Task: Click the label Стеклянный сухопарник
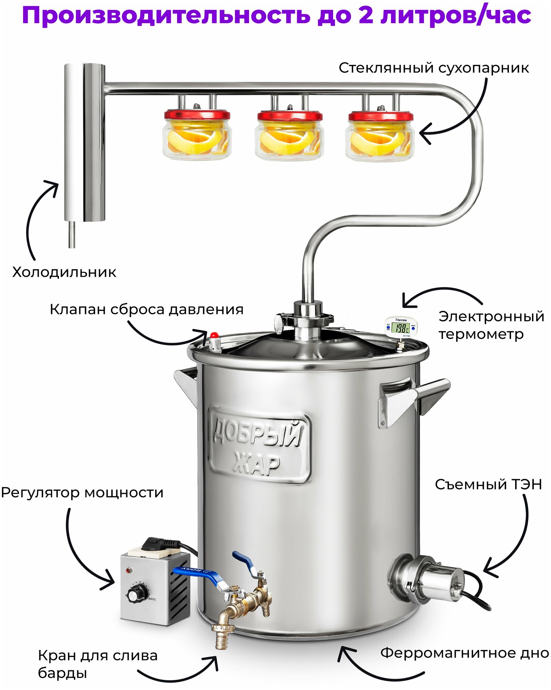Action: [433, 68]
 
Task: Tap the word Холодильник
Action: [64, 272]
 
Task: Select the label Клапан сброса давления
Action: [147, 309]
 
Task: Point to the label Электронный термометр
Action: [491, 325]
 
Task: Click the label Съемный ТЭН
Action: [488, 485]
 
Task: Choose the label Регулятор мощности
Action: [82, 493]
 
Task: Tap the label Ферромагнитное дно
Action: [464, 653]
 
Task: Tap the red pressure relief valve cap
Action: [214, 335]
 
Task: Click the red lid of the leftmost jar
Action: [197, 115]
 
